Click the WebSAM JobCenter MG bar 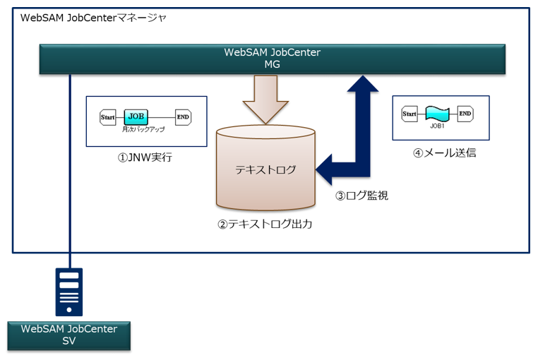pos(272,59)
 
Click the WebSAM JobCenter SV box pos(68,335)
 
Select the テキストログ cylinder pos(265,169)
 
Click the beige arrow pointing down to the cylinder pos(265,99)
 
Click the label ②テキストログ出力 pos(265,224)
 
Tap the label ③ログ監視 pos(361,196)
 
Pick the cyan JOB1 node pos(438,113)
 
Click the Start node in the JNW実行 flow pos(107,117)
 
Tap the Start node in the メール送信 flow pos(409,113)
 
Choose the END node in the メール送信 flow pos(465,113)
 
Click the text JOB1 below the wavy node pos(438,126)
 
